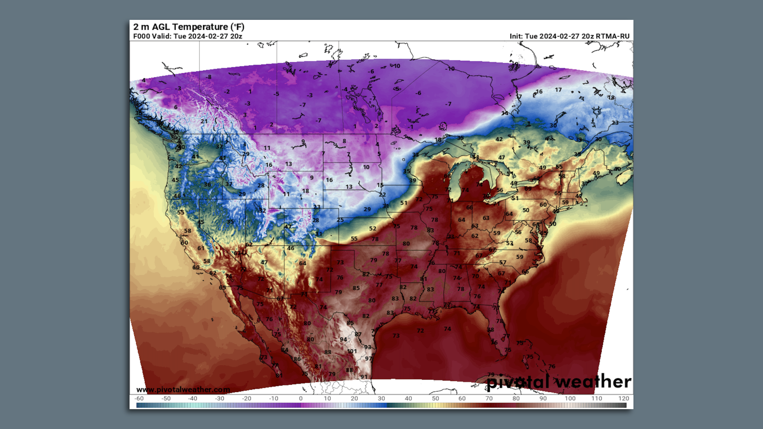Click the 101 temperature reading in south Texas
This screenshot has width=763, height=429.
352,351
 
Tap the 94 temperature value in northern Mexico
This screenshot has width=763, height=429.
343,339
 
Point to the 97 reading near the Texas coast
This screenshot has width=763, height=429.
369,358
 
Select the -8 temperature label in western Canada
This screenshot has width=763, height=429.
209,77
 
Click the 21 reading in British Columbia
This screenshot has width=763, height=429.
204,121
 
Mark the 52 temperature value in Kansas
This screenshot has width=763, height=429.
372,228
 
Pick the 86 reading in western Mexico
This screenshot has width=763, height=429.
297,359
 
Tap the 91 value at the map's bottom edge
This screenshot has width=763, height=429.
364,377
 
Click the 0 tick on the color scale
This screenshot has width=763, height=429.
300,398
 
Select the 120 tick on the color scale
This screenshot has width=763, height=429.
624,398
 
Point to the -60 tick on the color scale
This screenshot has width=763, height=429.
139,398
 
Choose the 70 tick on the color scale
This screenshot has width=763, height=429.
489,398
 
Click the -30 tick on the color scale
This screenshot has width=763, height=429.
219,398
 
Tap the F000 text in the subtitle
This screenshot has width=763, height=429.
141,36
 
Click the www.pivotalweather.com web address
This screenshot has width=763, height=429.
183,390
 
